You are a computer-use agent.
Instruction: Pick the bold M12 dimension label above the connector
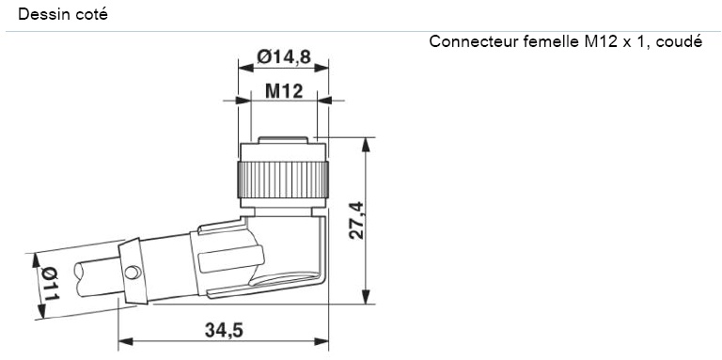pyautogui.click(x=283, y=91)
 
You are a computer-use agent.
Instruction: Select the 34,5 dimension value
pyautogui.click(x=223, y=330)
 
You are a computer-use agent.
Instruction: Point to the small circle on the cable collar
pyautogui.click(x=134, y=274)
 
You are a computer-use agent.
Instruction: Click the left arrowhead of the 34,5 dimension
pyautogui.click(x=123, y=341)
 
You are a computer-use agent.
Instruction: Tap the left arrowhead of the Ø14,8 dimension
pyautogui.click(x=238, y=69)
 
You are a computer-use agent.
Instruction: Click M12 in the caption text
pyautogui.click(x=603, y=43)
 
